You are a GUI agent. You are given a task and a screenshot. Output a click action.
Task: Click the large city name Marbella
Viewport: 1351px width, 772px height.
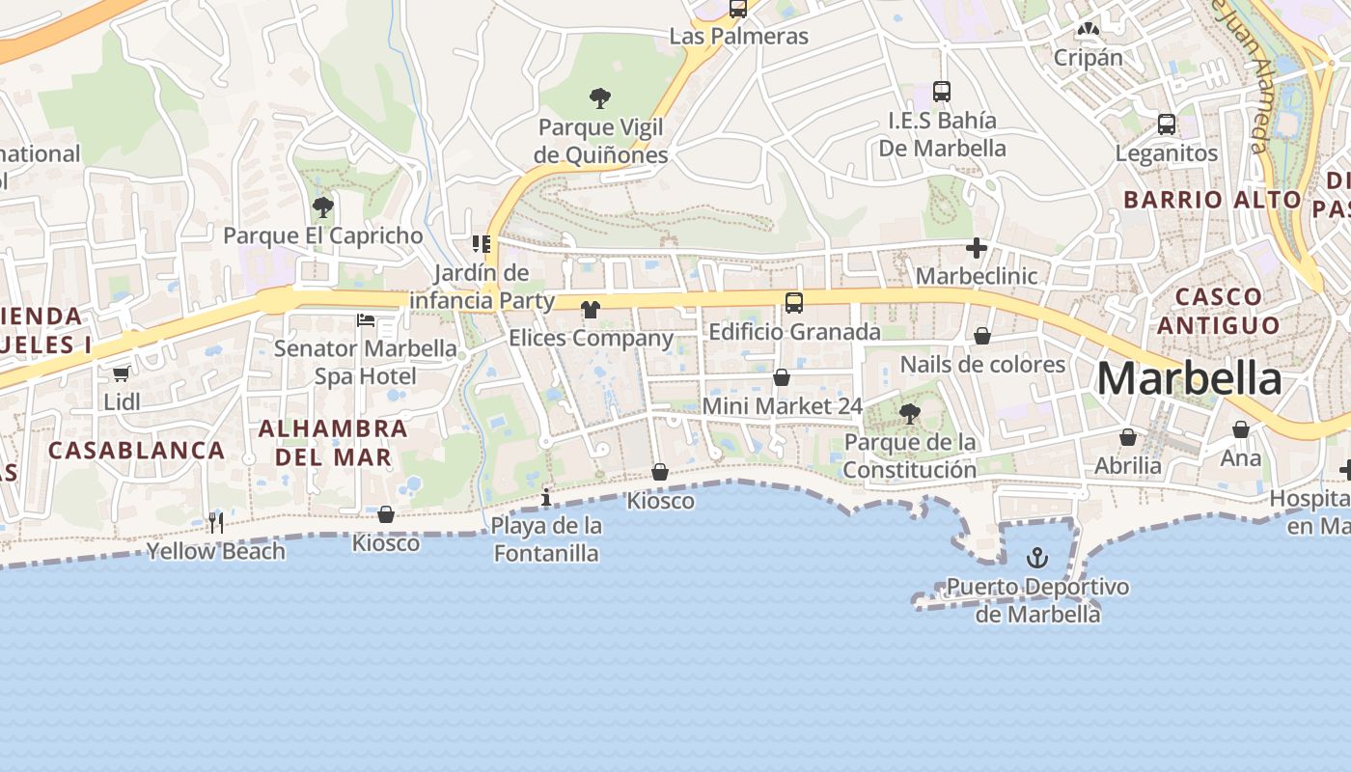tap(1189, 378)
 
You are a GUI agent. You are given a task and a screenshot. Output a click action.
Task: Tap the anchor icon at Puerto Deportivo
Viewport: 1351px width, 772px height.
tap(1036, 558)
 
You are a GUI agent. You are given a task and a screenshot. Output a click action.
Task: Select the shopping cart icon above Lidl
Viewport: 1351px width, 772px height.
tap(121, 373)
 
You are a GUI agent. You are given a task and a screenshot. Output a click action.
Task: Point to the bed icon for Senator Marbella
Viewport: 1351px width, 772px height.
tap(366, 319)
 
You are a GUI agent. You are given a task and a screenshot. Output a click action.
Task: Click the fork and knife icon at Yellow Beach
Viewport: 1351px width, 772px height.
tap(216, 523)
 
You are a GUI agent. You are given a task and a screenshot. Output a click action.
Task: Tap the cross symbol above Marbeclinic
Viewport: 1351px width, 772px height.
tap(977, 248)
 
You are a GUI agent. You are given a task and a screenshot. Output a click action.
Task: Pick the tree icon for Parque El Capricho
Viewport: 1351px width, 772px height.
tap(323, 207)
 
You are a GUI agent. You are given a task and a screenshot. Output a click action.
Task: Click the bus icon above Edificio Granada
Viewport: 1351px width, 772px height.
tap(793, 303)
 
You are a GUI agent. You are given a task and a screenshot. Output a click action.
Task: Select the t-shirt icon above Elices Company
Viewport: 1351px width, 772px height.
tap(591, 310)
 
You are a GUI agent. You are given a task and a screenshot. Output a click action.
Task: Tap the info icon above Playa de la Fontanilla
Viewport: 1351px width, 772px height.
tap(546, 497)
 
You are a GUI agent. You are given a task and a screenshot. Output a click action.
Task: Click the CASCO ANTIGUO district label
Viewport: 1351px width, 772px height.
tap(1218, 311)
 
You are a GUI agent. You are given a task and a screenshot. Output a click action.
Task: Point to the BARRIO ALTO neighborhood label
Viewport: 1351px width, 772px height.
tap(1212, 200)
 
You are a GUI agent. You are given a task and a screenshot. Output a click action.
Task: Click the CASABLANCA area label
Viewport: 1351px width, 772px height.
tap(136, 450)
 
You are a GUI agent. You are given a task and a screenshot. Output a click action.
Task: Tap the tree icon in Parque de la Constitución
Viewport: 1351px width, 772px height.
tap(908, 414)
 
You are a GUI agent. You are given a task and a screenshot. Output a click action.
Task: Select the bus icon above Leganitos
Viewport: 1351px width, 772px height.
tap(1166, 124)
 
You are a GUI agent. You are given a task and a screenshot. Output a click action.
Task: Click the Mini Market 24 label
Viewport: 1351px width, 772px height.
tap(782, 406)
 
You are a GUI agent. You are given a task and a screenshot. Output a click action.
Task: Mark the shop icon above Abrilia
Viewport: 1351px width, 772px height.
tap(1127, 438)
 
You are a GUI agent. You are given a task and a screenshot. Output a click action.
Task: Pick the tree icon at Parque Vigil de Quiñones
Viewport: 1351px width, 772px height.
tap(600, 97)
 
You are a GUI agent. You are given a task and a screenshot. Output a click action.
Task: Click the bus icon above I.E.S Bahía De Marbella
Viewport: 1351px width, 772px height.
tap(942, 92)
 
